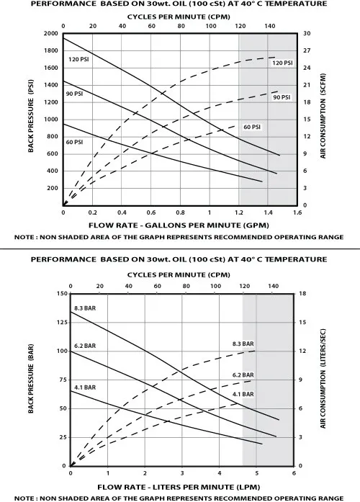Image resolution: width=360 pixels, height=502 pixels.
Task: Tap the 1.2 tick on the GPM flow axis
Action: (239, 212)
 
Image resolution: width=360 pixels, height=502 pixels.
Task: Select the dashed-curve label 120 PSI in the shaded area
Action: (282, 63)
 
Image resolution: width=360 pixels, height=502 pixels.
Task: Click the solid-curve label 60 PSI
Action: (74, 142)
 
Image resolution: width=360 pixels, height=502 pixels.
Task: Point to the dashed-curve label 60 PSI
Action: (252, 127)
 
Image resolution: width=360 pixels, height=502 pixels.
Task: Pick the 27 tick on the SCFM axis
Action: (307, 50)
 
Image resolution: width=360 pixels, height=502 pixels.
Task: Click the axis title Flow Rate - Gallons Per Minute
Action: (179, 225)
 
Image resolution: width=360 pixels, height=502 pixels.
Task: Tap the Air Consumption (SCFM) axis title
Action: (323, 116)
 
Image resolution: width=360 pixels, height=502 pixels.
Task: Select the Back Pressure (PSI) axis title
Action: (31, 116)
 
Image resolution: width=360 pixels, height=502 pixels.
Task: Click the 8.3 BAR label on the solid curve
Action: (85, 308)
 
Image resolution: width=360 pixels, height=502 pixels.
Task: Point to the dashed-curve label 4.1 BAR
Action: (243, 394)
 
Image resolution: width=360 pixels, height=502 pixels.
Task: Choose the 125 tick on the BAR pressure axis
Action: (62, 322)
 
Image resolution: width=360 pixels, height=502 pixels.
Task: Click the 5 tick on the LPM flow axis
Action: (256, 473)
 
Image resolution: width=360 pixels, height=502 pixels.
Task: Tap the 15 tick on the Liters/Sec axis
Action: (302, 322)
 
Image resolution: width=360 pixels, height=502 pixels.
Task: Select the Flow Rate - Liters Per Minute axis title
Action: (179, 487)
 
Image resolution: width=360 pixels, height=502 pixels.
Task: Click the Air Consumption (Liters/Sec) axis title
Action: (323, 378)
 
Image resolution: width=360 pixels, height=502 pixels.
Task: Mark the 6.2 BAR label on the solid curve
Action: (85, 346)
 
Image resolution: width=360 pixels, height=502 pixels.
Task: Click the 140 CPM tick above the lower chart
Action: (274, 286)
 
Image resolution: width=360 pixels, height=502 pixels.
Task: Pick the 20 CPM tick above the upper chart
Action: (93, 26)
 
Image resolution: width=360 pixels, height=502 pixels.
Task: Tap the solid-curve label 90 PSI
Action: (74, 94)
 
